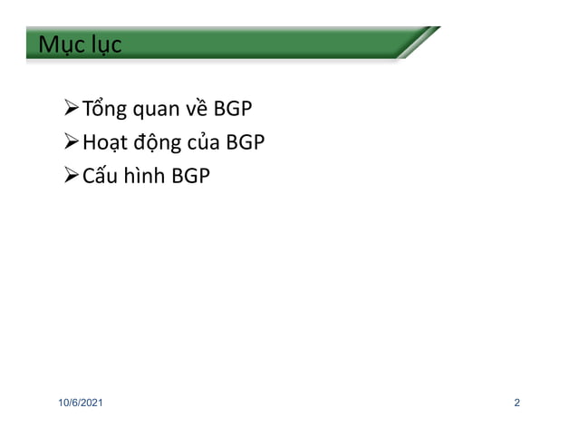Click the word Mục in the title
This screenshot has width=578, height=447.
pos(56,44)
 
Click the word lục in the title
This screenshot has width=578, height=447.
pos(101,44)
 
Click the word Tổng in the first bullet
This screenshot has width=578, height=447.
pos(104,111)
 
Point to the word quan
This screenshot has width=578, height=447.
pos(157,112)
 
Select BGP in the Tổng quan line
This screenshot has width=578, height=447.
pos(234,111)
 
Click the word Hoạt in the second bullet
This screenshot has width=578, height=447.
pos(105,143)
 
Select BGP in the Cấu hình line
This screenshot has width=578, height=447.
pos(192,175)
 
